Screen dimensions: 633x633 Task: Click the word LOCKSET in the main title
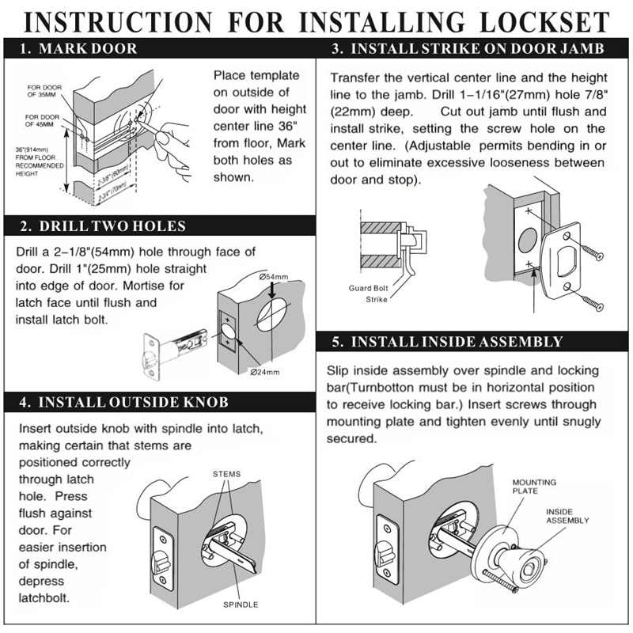pos(544,22)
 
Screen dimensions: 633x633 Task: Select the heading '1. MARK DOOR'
pos(78,49)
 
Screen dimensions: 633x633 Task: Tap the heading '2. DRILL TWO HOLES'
pos(103,226)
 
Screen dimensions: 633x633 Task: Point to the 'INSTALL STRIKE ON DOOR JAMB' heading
pos(477,49)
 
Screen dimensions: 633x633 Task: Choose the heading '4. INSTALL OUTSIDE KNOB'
pos(123,403)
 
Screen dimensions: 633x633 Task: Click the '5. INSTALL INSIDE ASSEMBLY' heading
pos(447,342)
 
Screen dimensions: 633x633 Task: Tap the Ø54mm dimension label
pos(274,277)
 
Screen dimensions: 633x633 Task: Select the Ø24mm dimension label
pos(265,372)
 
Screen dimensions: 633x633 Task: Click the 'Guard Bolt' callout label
pos(368,288)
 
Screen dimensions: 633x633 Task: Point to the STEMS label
pos(227,474)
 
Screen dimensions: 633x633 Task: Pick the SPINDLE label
pos(241,605)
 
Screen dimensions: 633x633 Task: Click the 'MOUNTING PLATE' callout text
pos(534,487)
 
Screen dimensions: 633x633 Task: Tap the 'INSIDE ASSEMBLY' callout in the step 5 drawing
pos(567,516)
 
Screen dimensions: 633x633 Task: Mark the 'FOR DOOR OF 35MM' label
pos(44,91)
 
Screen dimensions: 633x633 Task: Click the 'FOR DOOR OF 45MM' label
pos(43,120)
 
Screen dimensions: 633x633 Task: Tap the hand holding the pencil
pos(172,147)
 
